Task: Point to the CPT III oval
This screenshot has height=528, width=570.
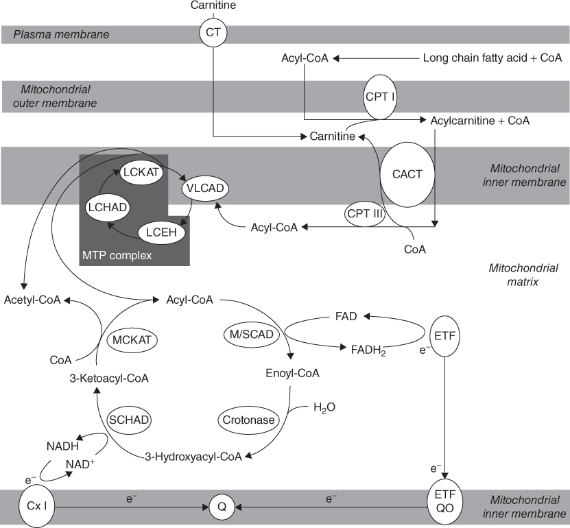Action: coord(364,213)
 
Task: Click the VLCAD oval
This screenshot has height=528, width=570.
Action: coord(204,187)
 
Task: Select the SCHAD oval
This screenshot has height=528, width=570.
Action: coord(130,419)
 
